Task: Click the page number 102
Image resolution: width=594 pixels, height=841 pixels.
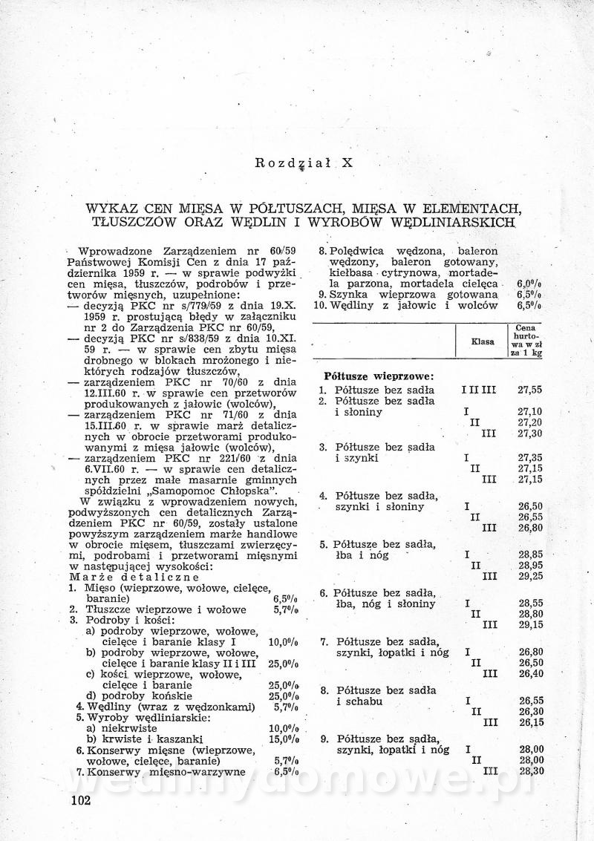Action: [77, 799]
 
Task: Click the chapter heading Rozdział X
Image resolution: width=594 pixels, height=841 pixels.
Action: [304, 162]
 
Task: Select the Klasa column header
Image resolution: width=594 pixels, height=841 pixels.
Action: [483, 341]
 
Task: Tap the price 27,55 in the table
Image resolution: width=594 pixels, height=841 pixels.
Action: [530, 389]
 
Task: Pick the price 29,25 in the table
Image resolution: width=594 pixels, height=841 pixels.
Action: [530, 575]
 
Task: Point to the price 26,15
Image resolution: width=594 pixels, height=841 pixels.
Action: [530, 721]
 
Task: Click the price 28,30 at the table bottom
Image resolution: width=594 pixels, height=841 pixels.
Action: [530, 771]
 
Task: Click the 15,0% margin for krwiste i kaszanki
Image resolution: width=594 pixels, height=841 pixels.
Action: [284, 739]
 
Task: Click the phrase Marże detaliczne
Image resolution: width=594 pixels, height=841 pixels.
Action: [134, 577]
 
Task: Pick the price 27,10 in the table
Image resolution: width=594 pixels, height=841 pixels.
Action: [530, 412]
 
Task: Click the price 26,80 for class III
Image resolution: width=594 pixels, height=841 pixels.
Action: [530, 528]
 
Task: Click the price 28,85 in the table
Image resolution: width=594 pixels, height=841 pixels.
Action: [530, 554]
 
